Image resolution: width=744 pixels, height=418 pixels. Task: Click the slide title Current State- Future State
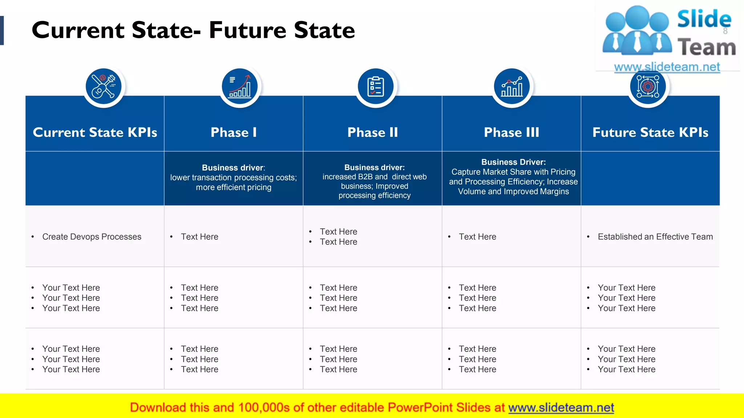(x=193, y=30)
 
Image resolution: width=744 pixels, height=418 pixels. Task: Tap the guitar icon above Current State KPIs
(x=104, y=86)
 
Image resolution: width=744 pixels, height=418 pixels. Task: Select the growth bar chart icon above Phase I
(x=240, y=86)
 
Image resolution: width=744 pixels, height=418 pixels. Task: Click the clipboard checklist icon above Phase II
(x=376, y=86)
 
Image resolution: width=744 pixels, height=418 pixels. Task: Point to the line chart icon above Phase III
(x=511, y=86)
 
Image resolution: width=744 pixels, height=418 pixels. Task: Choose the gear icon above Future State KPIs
(x=648, y=87)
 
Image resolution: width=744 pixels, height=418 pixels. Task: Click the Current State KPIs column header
(x=95, y=132)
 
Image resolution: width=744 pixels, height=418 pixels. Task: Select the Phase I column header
(x=234, y=132)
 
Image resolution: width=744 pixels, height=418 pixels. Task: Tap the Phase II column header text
(x=373, y=132)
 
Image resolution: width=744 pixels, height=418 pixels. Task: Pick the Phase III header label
(x=511, y=132)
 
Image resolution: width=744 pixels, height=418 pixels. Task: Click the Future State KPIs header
(x=650, y=132)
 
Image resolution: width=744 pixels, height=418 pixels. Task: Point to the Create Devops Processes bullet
(x=92, y=237)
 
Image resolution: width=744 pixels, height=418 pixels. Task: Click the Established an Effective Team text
(x=655, y=237)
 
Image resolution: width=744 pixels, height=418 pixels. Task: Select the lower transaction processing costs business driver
(x=234, y=178)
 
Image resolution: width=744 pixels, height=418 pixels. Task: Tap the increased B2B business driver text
(x=375, y=181)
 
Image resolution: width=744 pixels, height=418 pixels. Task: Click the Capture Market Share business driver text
(x=513, y=177)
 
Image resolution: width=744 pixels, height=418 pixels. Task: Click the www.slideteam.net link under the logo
(x=667, y=67)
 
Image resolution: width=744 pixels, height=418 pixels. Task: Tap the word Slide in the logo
(x=704, y=19)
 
